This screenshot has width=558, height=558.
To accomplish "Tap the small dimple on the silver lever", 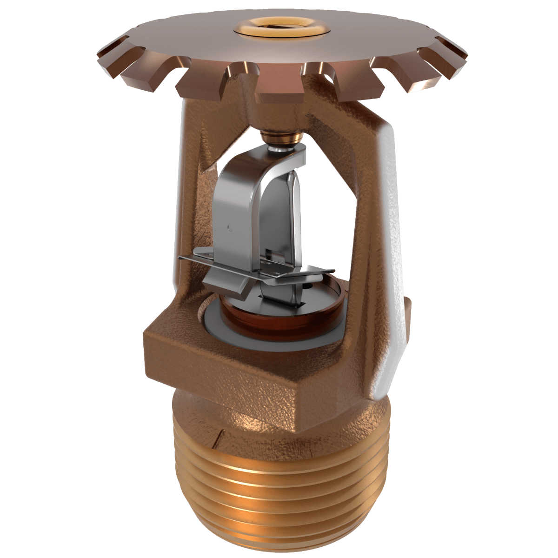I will (229, 227).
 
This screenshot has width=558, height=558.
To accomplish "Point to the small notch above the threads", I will (219, 435).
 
